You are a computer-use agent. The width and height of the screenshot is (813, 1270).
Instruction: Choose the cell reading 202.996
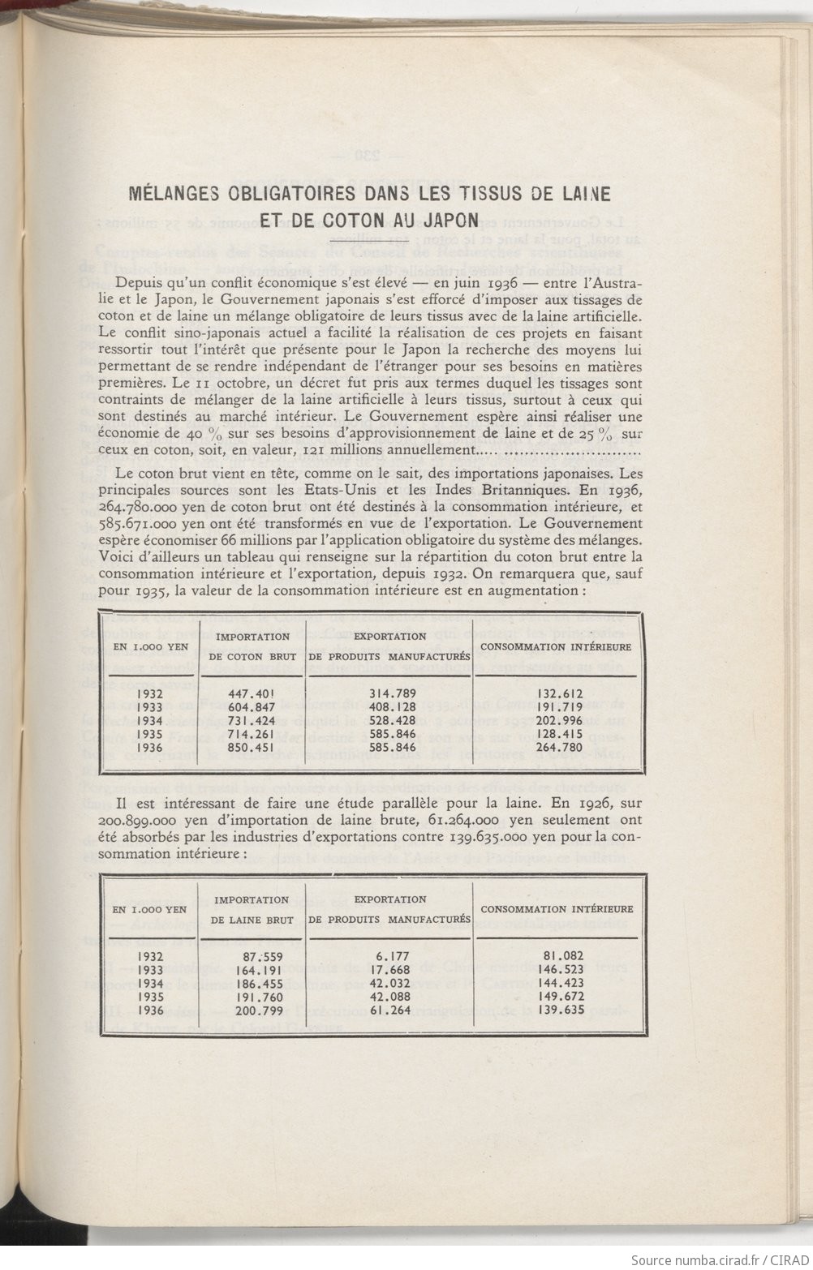(560, 720)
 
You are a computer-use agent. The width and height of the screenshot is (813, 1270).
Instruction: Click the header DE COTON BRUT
(252, 655)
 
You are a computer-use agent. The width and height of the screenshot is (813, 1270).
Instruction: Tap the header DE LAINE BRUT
(252, 920)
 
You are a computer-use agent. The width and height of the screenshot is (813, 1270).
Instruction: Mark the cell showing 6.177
(394, 957)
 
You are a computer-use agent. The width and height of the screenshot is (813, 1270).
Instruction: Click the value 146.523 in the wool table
(560, 970)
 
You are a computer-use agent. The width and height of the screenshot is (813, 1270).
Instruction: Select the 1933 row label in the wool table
(152, 970)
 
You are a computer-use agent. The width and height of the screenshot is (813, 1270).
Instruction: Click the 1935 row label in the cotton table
(152, 734)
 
